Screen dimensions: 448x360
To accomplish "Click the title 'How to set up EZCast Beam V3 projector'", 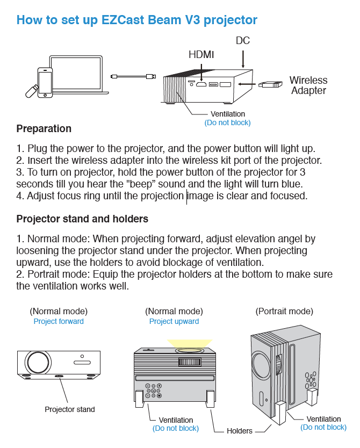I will pyautogui.click(x=136, y=20).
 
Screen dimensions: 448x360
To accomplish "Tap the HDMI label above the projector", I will pyautogui.click(x=201, y=54).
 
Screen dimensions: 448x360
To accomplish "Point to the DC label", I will pyautogui.click(x=243, y=41).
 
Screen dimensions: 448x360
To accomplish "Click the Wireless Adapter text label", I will pyautogui.click(x=308, y=85).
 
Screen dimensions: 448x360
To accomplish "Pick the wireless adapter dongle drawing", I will pyautogui.click(x=271, y=84).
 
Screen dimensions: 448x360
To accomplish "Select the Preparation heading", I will pyautogui.click(x=44, y=129).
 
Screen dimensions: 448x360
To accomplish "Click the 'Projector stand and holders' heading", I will pyautogui.click(x=82, y=219).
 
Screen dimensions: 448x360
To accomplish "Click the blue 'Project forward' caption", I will pyautogui.click(x=59, y=321).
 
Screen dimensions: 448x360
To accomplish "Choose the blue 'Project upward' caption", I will pyautogui.click(x=174, y=321).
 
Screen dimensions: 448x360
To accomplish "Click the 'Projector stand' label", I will pyautogui.click(x=69, y=409).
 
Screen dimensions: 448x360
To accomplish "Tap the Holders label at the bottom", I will pyautogui.click(x=240, y=431).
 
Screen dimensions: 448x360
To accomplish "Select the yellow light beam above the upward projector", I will pyautogui.click(x=190, y=342).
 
